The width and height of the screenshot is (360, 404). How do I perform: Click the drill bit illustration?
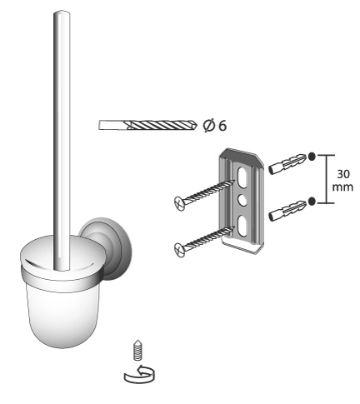tap(147, 125)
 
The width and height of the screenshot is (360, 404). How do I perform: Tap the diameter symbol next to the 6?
tap(209, 126)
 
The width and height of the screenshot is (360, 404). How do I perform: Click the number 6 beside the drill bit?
tap(222, 126)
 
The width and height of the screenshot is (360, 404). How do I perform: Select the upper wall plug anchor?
tap(287, 163)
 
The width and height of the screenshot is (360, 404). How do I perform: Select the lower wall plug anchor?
tap(287, 210)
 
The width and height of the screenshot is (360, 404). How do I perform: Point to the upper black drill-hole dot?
tap(312, 157)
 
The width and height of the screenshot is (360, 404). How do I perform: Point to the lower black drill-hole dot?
tap(312, 201)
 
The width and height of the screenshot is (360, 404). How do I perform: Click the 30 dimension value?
tap(343, 174)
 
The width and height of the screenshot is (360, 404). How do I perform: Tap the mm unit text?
tap(342, 187)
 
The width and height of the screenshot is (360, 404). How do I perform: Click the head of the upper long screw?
tap(179, 201)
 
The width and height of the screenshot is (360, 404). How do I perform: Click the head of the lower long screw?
tap(179, 248)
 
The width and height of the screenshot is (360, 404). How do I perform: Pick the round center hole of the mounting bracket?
tap(242, 200)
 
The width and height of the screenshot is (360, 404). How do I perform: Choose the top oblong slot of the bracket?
tap(242, 177)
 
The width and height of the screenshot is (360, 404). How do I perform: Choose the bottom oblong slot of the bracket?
tap(242, 226)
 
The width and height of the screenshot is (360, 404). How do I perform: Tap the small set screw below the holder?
tap(137, 350)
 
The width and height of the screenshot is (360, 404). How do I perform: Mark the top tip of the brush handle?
tap(62, 11)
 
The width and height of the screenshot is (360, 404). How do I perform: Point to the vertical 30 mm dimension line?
tap(326, 179)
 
